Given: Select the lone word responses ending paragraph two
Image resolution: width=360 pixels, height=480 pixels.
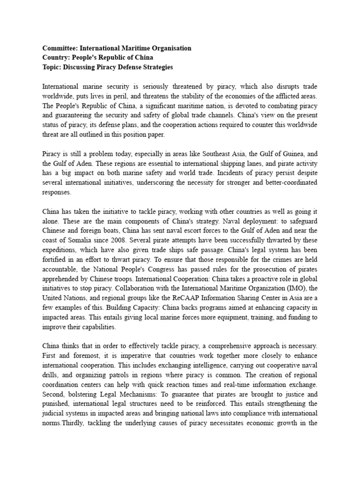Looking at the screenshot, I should [x=57, y=192].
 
